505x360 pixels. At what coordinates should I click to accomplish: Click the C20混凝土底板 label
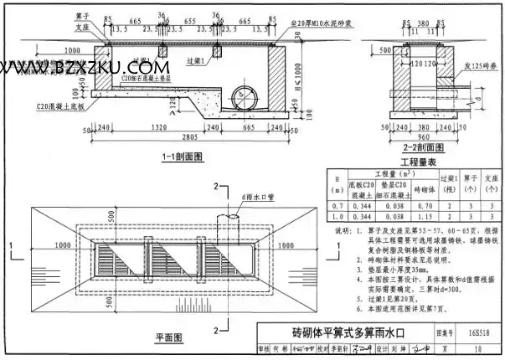[x=59, y=107]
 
